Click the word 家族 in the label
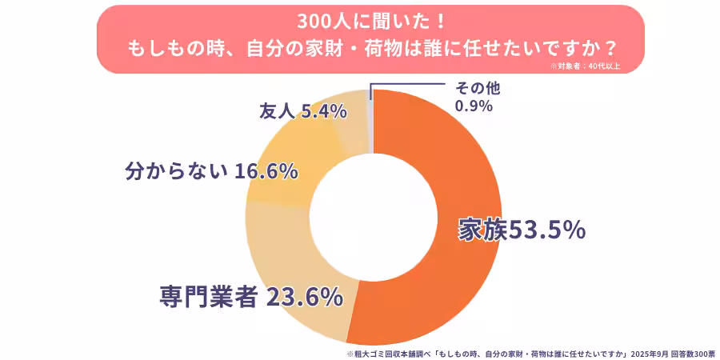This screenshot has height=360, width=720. tap(478, 230)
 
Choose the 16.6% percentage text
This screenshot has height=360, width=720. tap(266, 170)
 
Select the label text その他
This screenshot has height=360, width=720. tap(478, 89)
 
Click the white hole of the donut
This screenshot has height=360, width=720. tap(373, 218)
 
